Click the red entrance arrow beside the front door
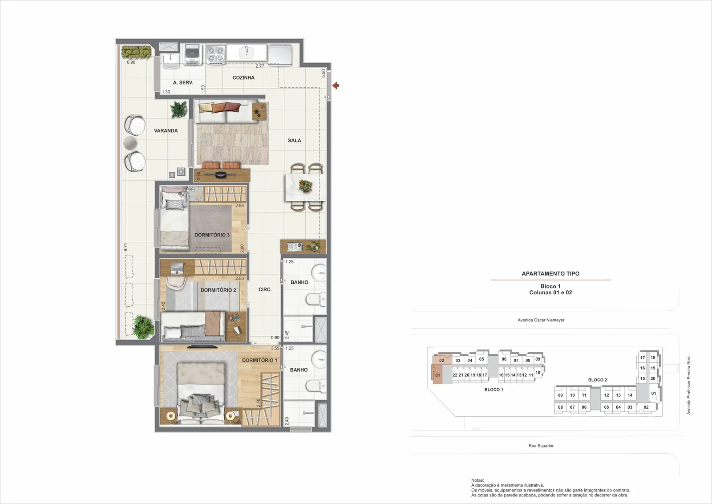[x=336, y=85]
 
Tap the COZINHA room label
[x=243, y=77]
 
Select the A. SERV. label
[x=183, y=83]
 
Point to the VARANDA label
[x=166, y=131]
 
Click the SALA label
[x=294, y=141]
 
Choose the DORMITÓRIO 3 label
[x=212, y=235]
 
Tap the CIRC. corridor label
[x=265, y=290]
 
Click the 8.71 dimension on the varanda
[x=125, y=248]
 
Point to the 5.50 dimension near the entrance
[x=323, y=73]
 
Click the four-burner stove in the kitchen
[x=216, y=54]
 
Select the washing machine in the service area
[x=192, y=54]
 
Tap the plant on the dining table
[x=305, y=186]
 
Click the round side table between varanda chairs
[x=130, y=143]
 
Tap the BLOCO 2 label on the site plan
[x=598, y=380]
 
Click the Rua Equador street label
[x=541, y=446]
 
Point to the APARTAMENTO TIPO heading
[x=550, y=273]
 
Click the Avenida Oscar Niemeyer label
[x=541, y=320]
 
